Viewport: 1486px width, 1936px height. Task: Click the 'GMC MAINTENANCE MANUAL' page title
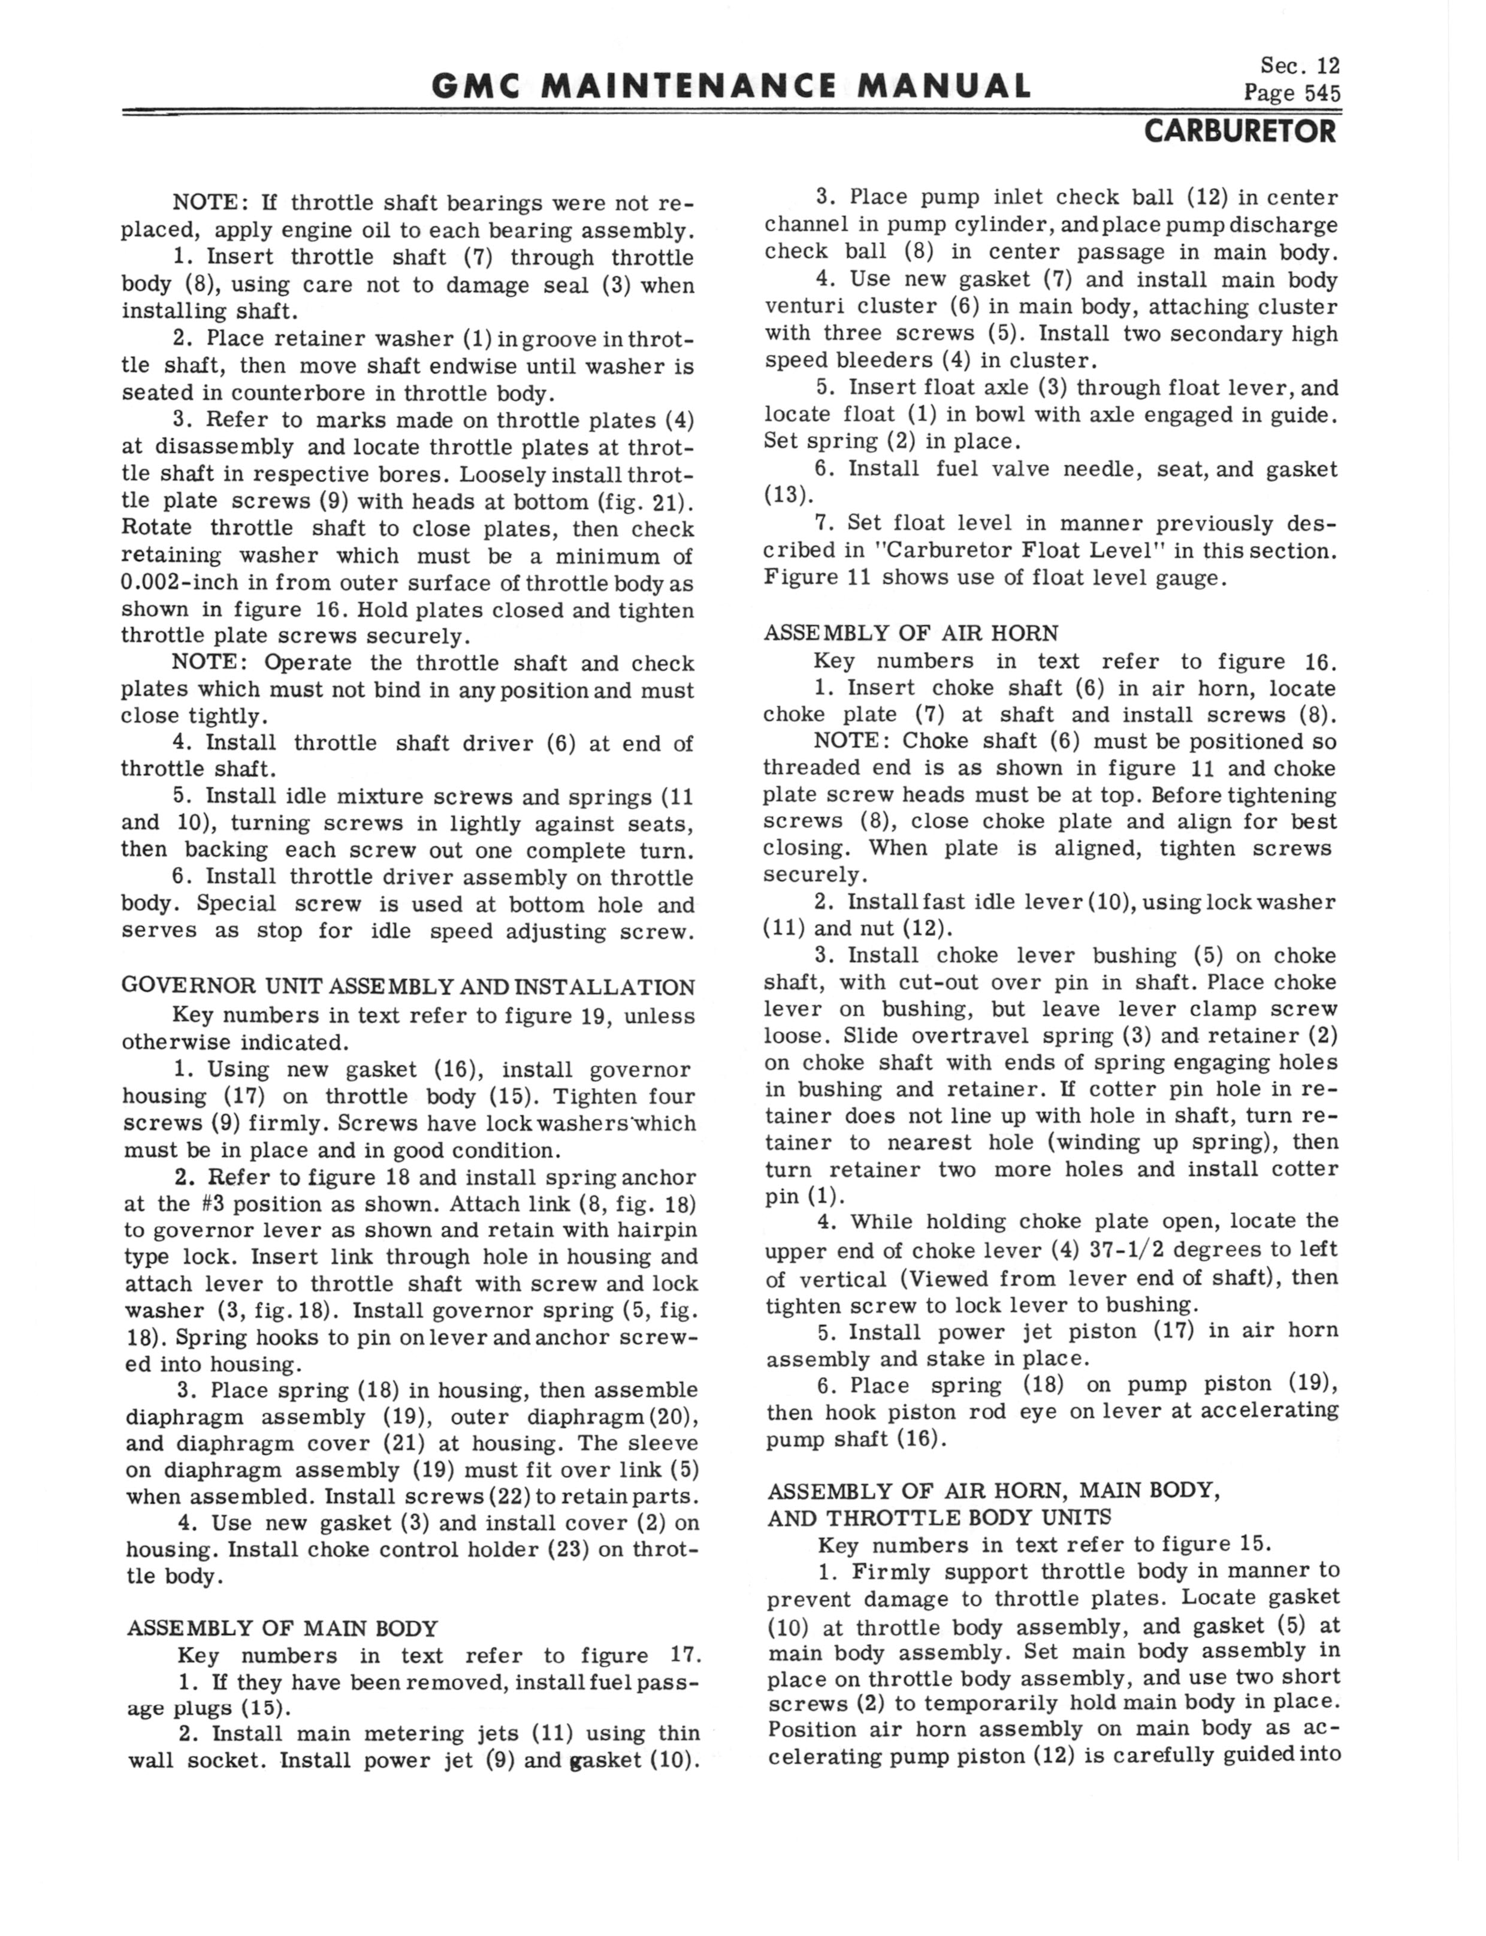pos(732,86)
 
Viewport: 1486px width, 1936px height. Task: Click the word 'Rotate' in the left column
pos(156,528)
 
